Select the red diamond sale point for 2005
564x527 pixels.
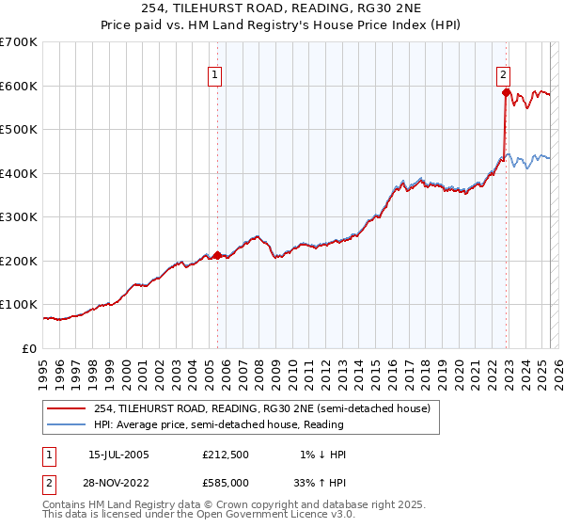217,255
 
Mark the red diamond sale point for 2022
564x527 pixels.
506,92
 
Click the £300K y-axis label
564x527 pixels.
19,217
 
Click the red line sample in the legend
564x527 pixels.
66,408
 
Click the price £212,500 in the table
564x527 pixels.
226,455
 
